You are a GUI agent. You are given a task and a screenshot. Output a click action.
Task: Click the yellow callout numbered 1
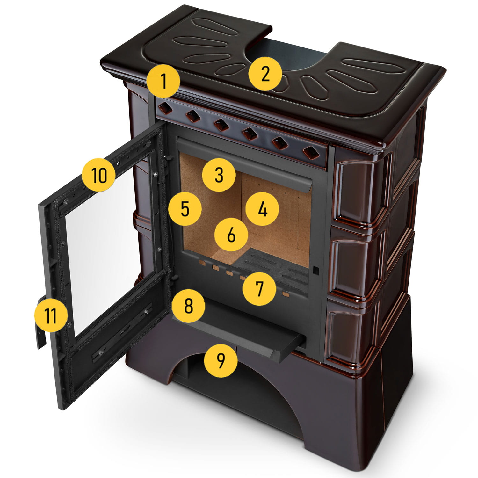164,81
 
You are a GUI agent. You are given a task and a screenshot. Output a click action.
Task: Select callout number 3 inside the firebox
219,175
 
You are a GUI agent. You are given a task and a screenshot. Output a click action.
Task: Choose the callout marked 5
185,209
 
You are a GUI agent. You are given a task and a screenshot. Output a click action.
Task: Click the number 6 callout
231,235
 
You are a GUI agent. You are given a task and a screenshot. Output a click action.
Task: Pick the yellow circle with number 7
259,289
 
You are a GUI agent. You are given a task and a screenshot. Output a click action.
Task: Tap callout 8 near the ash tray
188,306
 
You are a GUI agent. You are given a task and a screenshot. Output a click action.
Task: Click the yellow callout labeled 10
98,175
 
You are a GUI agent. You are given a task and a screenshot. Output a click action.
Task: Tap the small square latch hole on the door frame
316,270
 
